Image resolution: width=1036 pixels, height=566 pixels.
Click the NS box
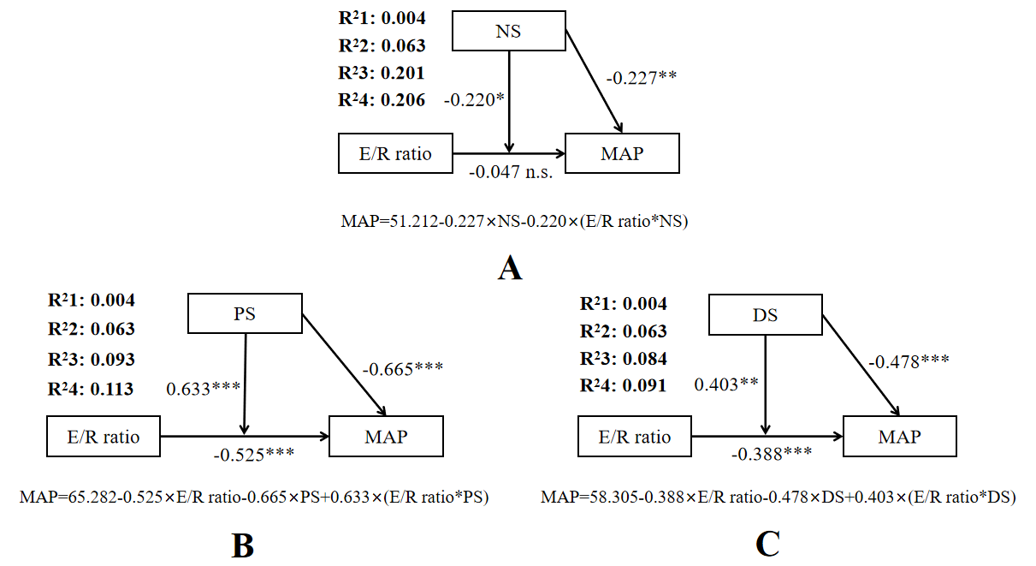click(508, 32)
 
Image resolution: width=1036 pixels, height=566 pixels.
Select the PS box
click(245, 313)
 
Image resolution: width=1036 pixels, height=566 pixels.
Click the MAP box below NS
click(622, 154)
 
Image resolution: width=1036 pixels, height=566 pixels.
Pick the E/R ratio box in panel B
click(103, 437)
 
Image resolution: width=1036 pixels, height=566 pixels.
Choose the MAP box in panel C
click(899, 437)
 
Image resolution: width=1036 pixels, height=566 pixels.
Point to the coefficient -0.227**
click(642, 78)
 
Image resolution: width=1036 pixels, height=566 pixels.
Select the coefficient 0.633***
click(202, 388)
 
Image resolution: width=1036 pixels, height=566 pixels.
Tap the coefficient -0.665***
click(402, 370)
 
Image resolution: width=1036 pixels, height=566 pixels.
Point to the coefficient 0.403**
click(725, 384)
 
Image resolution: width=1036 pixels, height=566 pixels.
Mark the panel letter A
click(509, 269)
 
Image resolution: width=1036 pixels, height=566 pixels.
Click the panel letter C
click(767, 545)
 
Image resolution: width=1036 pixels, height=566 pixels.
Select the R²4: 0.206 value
click(382, 99)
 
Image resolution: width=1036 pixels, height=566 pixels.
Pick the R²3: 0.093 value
click(92, 359)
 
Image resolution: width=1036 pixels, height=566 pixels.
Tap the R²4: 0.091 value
click(623, 385)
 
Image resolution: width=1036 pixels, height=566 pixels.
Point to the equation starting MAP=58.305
click(778, 497)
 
